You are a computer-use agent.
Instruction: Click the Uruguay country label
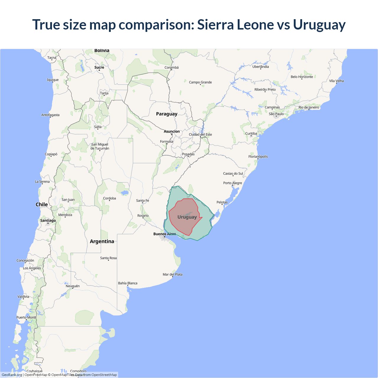[x=187, y=217]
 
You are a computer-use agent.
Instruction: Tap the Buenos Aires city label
[x=164, y=234]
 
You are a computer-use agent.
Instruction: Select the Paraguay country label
[x=167, y=114]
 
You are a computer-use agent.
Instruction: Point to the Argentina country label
[x=102, y=241]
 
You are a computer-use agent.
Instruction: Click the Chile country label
[x=42, y=204]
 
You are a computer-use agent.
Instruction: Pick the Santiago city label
[x=48, y=220]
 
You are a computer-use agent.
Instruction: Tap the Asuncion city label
[x=172, y=131]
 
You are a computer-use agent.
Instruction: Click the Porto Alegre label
[x=232, y=183]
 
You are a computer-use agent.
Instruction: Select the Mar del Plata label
[x=172, y=274]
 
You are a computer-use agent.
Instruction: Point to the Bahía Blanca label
[x=128, y=283]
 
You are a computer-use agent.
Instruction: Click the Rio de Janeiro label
[x=309, y=107]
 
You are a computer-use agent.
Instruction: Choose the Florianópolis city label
[x=258, y=157]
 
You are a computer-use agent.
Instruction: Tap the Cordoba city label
[x=109, y=198]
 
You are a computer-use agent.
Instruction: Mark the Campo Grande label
[x=200, y=82]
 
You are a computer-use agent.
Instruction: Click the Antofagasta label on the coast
[x=50, y=115]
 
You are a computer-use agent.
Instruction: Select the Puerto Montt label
[x=26, y=317]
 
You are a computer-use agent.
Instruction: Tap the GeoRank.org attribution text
[x=12, y=375]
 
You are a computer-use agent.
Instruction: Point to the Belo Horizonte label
[x=302, y=77]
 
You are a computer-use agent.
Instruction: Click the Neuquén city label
[x=73, y=286]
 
